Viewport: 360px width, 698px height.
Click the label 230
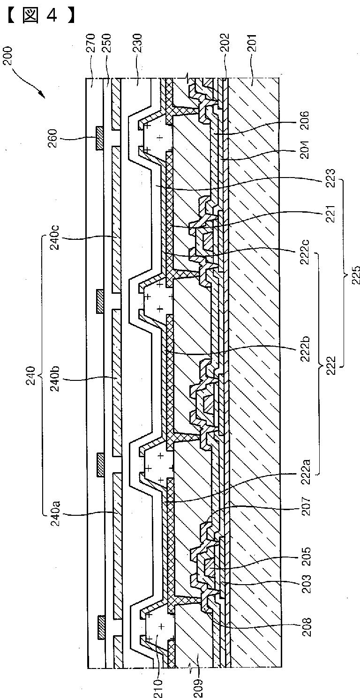[139, 44]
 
